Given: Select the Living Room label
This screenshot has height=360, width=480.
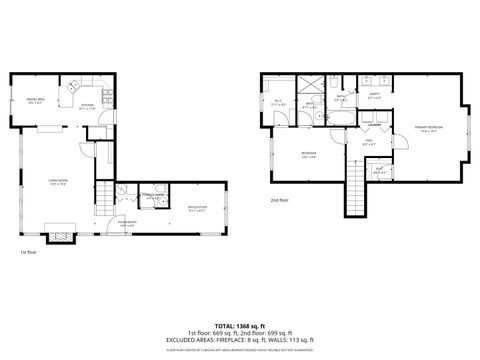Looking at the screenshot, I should point(57,182).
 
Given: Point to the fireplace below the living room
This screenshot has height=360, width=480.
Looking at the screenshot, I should point(63,236).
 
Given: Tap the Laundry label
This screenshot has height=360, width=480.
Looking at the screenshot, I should point(374,125).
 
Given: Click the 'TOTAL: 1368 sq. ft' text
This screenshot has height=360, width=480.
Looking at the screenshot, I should point(240,325).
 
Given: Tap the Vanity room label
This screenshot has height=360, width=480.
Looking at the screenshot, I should point(374,98).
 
